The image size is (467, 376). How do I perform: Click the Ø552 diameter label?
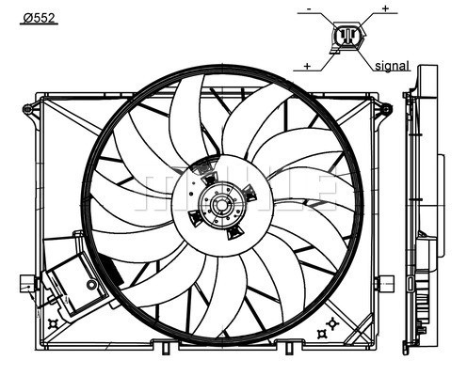click(x=40, y=18)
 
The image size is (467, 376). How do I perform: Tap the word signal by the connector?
click(x=393, y=66)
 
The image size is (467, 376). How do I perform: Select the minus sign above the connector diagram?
click(x=309, y=9)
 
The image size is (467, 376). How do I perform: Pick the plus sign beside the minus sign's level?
click(x=385, y=8)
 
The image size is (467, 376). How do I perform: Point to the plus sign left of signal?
click(x=307, y=66)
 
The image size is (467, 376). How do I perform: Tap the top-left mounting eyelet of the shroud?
click(x=27, y=109)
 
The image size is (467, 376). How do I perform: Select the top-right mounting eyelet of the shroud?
click(x=387, y=109)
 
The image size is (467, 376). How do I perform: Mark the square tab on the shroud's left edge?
click(x=27, y=284)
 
